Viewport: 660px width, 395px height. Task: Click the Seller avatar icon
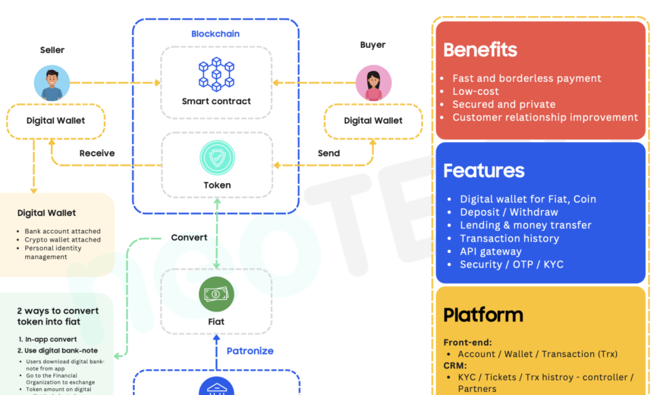point(52,83)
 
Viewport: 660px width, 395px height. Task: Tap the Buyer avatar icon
point(373,83)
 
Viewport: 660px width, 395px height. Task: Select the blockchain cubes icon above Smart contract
point(216,73)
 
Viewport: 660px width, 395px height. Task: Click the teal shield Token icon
point(217,157)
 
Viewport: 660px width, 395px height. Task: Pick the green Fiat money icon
point(216,294)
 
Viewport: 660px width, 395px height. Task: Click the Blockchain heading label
point(215,34)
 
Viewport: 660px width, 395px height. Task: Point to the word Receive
point(97,153)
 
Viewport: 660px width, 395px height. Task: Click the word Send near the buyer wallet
point(328,153)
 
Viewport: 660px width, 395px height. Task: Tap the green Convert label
point(189,238)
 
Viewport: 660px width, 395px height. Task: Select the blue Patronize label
point(250,351)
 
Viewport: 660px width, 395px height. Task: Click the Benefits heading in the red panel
point(479,50)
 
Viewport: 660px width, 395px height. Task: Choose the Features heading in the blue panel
point(483,170)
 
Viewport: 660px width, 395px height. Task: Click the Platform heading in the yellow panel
point(482,314)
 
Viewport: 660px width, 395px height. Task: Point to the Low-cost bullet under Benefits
point(476,91)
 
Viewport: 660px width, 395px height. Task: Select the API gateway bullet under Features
point(490,251)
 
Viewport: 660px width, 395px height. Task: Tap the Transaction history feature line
point(509,239)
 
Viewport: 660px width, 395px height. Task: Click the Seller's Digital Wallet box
point(55,121)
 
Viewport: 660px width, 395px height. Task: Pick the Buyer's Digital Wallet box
point(373,121)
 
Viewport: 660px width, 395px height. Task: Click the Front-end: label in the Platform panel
point(467,343)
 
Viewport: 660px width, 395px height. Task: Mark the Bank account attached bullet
point(62,231)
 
